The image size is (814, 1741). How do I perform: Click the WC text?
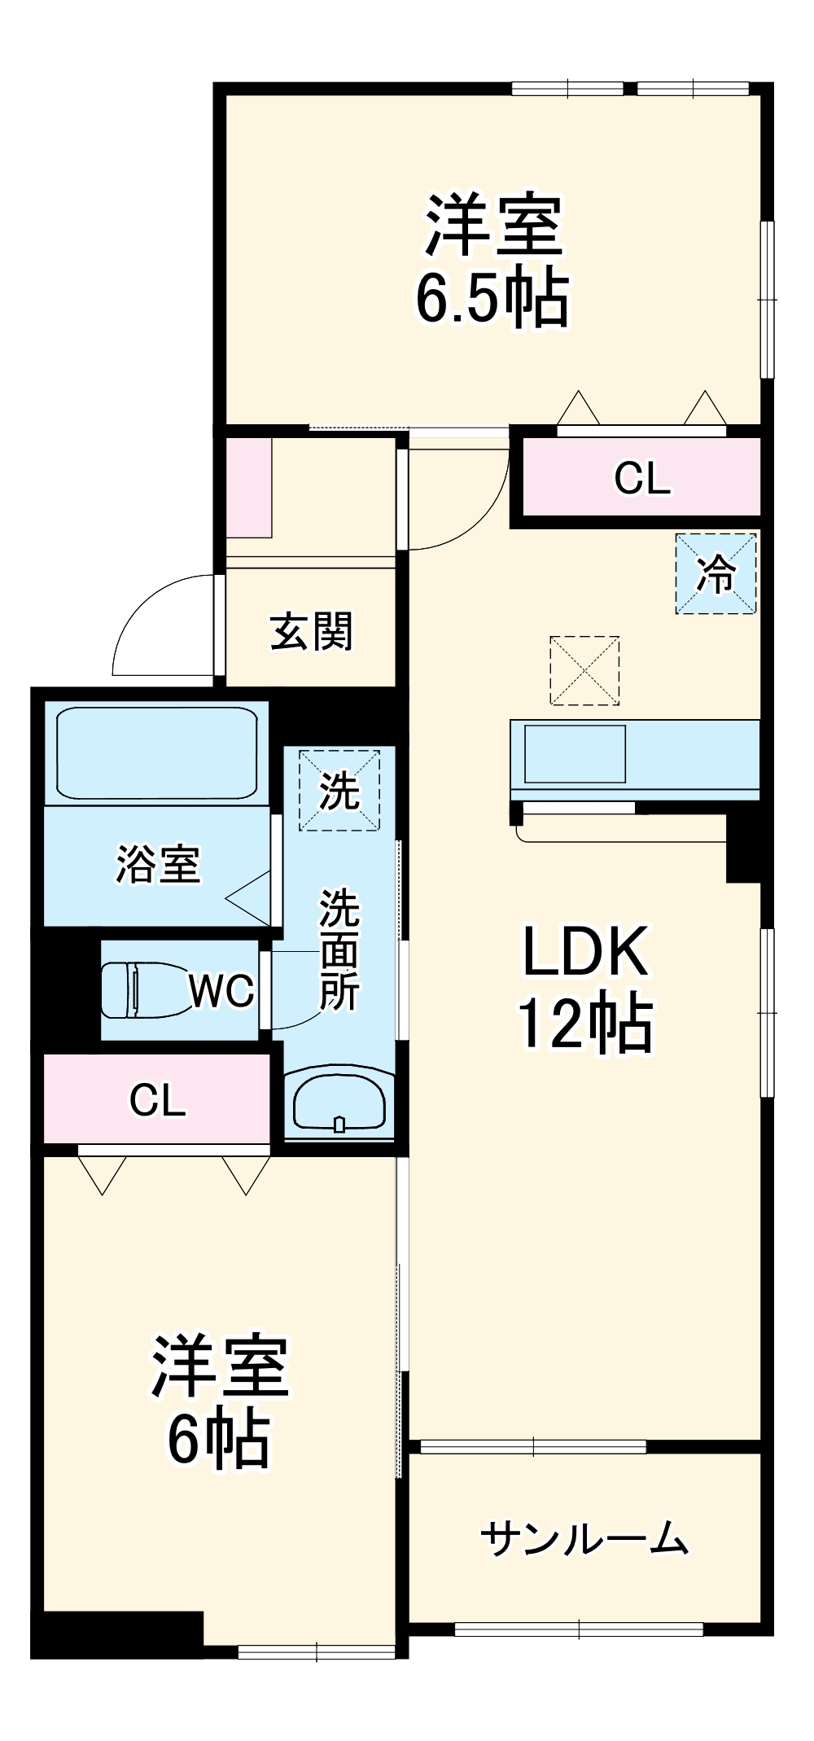click(221, 990)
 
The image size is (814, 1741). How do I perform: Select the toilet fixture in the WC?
click(142, 989)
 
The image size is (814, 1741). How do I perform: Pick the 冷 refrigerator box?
click(716, 573)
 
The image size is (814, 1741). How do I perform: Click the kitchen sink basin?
click(575, 753)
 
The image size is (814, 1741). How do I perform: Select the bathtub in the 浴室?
click(156, 752)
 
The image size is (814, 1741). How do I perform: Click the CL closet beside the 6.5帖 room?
click(641, 477)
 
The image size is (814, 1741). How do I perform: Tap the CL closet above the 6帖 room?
click(157, 1100)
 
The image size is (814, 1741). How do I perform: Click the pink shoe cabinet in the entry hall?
click(248, 487)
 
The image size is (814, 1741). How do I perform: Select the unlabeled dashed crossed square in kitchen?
click(584, 670)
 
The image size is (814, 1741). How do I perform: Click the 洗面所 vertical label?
click(339, 949)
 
